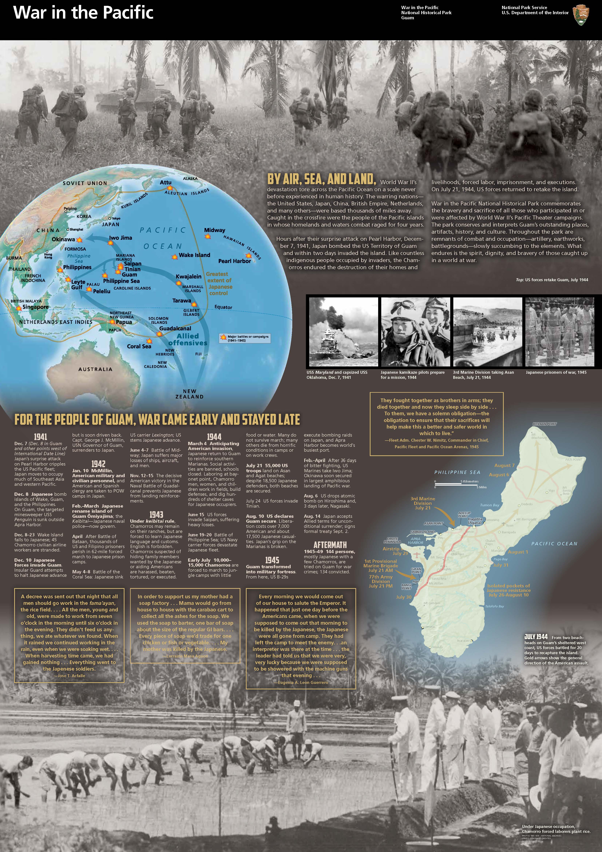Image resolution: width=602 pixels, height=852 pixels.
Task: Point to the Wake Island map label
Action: [x=194, y=255]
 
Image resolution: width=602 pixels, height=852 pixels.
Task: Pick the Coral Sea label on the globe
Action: [x=139, y=346]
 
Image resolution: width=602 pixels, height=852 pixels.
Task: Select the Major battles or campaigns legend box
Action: [x=245, y=338]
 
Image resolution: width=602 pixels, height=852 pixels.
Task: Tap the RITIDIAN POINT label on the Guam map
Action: [x=544, y=424]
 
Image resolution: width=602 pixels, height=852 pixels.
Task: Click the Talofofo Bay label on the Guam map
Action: [x=494, y=606]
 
